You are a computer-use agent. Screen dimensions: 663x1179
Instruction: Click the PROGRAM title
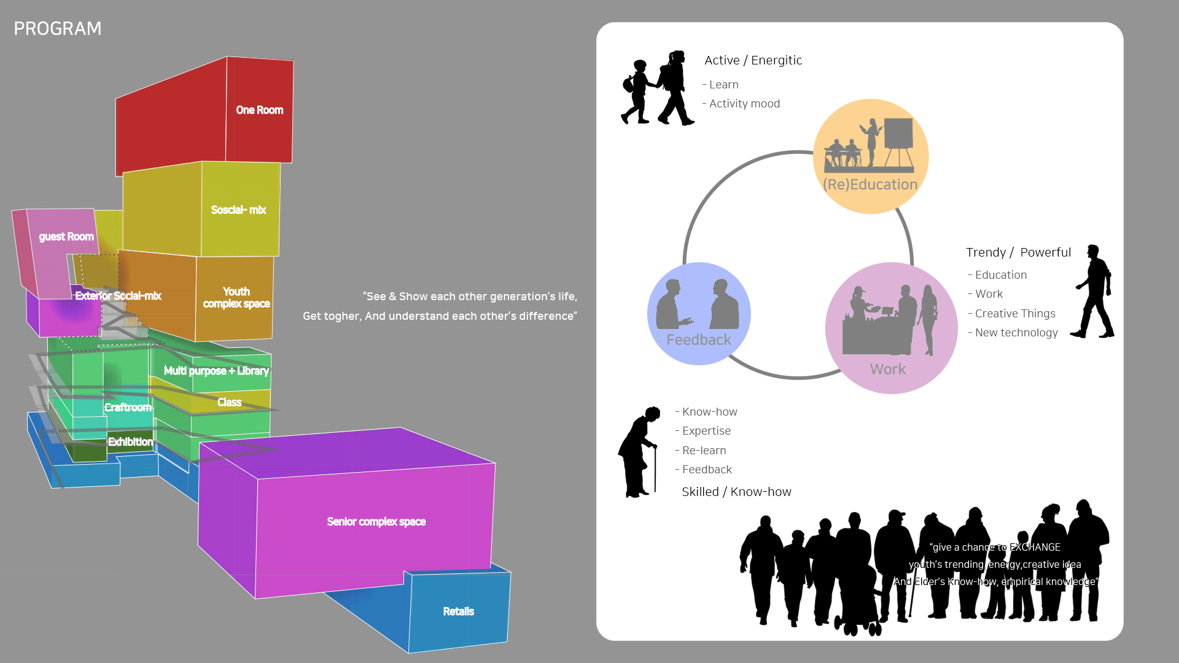pyautogui.click(x=58, y=29)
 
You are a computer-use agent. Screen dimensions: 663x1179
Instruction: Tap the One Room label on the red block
pyautogui.click(x=260, y=110)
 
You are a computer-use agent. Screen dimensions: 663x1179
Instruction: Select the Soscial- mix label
pyautogui.click(x=238, y=210)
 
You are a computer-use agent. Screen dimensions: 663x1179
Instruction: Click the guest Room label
pyautogui.click(x=66, y=237)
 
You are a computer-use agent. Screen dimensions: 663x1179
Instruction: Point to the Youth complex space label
pyautogui.click(x=236, y=298)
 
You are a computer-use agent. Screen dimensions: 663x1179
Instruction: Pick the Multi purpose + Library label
pyautogui.click(x=216, y=371)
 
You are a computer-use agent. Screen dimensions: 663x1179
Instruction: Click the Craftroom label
pyautogui.click(x=128, y=408)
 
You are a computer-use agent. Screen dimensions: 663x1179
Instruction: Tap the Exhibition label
pyautogui.click(x=130, y=442)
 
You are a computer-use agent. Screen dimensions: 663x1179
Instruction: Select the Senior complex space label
pyautogui.click(x=376, y=522)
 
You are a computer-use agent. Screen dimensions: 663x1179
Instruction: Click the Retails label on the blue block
pyautogui.click(x=458, y=611)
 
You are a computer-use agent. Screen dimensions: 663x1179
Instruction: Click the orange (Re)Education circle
pyautogui.click(x=870, y=157)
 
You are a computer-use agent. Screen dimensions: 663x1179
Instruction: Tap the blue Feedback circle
pyautogui.click(x=699, y=314)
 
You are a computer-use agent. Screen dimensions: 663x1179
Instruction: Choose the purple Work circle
pyautogui.click(x=891, y=328)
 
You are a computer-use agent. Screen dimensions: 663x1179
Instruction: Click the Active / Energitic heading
pyautogui.click(x=753, y=60)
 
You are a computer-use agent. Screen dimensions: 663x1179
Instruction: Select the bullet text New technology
pyautogui.click(x=1016, y=333)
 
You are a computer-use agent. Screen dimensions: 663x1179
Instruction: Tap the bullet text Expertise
pyautogui.click(x=706, y=431)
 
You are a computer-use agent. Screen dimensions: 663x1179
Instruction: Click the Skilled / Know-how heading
pyautogui.click(x=736, y=492)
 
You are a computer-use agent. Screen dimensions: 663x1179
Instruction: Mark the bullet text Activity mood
pyautogui.click(x=744, y=104)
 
